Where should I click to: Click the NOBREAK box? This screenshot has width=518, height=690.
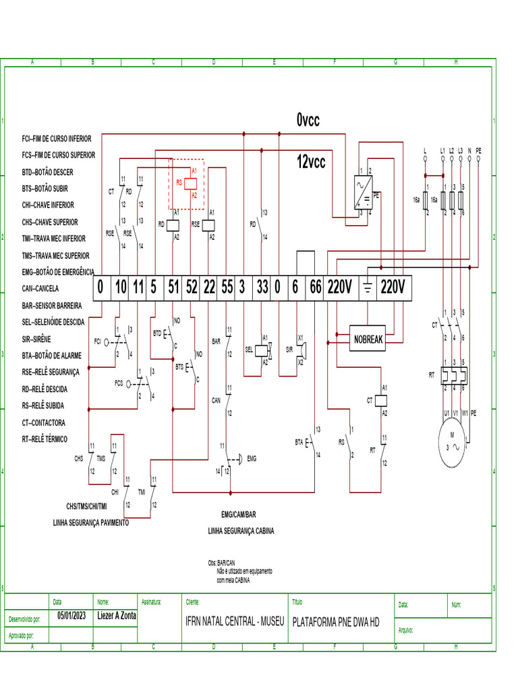(368, 339)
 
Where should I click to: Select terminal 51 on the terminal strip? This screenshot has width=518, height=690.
(173, 288)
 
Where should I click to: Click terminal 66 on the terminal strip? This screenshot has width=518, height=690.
(315, 288)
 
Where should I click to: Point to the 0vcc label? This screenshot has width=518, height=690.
(308, 121)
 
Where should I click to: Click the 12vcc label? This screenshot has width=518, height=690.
(310, 162)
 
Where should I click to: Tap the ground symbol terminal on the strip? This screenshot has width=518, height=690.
(368, 288)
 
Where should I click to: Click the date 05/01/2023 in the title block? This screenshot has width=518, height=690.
(71, 615)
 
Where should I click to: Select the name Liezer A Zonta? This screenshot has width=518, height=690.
(116, 615)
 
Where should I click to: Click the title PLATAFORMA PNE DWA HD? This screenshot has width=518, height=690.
(335, 621)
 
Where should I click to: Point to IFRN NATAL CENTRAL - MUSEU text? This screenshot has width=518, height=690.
(235, 621)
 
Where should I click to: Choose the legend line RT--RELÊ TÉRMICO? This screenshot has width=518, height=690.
(54, 439)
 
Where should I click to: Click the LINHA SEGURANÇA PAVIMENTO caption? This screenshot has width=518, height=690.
(91, 522)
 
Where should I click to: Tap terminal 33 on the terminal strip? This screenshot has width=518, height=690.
(262, 288)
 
